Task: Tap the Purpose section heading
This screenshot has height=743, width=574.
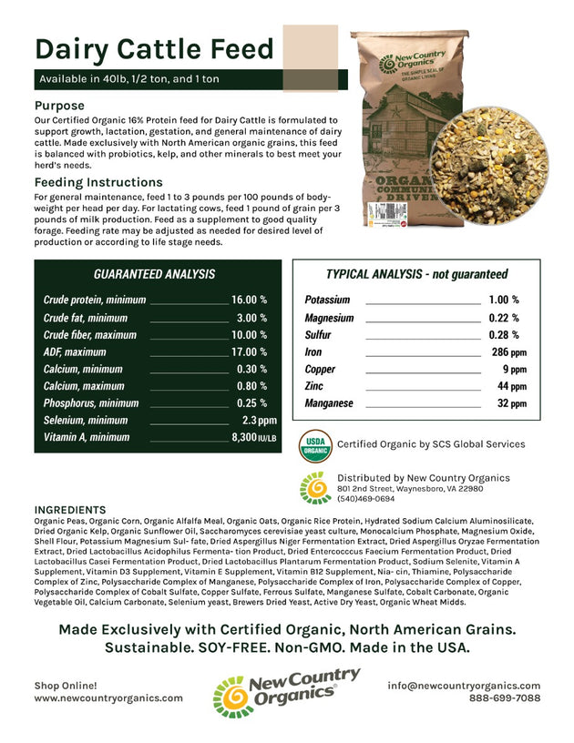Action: (x=59, y=106)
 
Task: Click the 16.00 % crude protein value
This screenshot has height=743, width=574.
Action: (x=249, y=300)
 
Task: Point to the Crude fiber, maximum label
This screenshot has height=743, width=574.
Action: (x=89, y=334)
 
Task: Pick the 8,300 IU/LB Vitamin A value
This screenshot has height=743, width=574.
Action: (x=254, y=438)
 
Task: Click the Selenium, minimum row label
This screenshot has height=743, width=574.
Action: (x=86, y=421)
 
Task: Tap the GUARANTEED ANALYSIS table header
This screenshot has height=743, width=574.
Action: (x=154, y=274)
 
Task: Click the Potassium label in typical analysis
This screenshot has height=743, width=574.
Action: (x=327, y=300)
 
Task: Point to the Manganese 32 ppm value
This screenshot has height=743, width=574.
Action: (x=508, y=403)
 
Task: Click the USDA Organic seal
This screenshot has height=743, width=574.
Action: (x=315, y=443)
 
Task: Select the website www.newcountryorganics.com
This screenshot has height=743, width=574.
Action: (x=108, y=698)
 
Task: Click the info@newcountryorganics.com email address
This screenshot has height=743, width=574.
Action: (x=463, y=686)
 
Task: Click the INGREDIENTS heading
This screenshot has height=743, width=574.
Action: (x=69, y=509)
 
